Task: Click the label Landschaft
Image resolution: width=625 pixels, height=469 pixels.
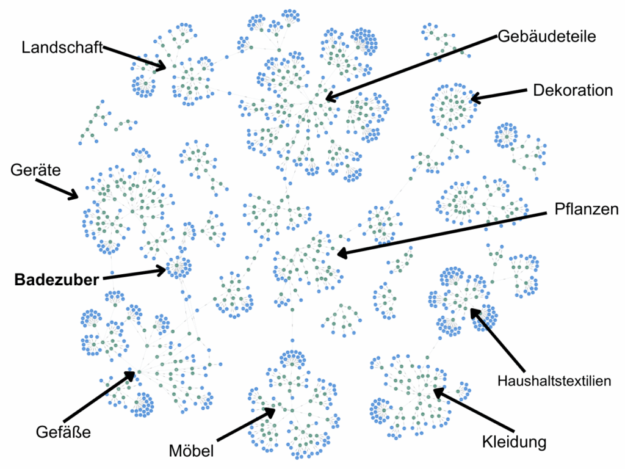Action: click(62, 48)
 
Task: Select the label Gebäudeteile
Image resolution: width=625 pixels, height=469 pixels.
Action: click(546, 36)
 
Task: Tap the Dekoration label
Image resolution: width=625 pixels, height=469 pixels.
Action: click(573, 90)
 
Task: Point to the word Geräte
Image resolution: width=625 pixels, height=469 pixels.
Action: click(36, 170)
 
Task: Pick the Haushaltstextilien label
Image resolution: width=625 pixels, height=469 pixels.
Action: click(554, 381)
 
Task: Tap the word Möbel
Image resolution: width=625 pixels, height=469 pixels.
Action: click(191, 451)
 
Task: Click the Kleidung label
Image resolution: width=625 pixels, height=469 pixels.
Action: click(513, 441)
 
